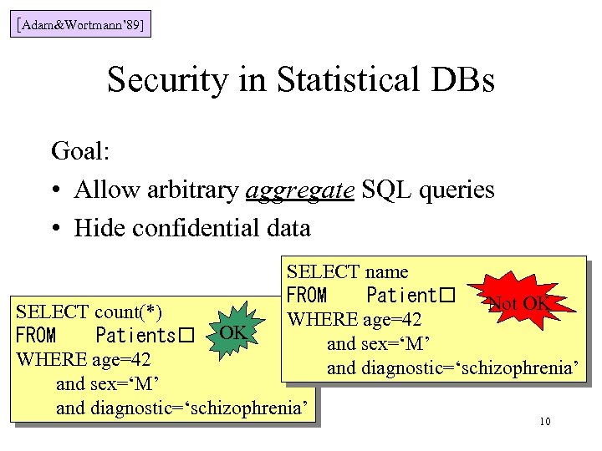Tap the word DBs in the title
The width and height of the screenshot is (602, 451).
click(x=461, y=80)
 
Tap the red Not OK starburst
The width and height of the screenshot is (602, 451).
click(x=518, y=304)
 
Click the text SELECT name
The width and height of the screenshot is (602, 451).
click(x=347, y=271)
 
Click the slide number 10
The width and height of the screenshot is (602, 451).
click(x=544, y=421)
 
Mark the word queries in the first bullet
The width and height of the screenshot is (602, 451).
click(x=458, y=190)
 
